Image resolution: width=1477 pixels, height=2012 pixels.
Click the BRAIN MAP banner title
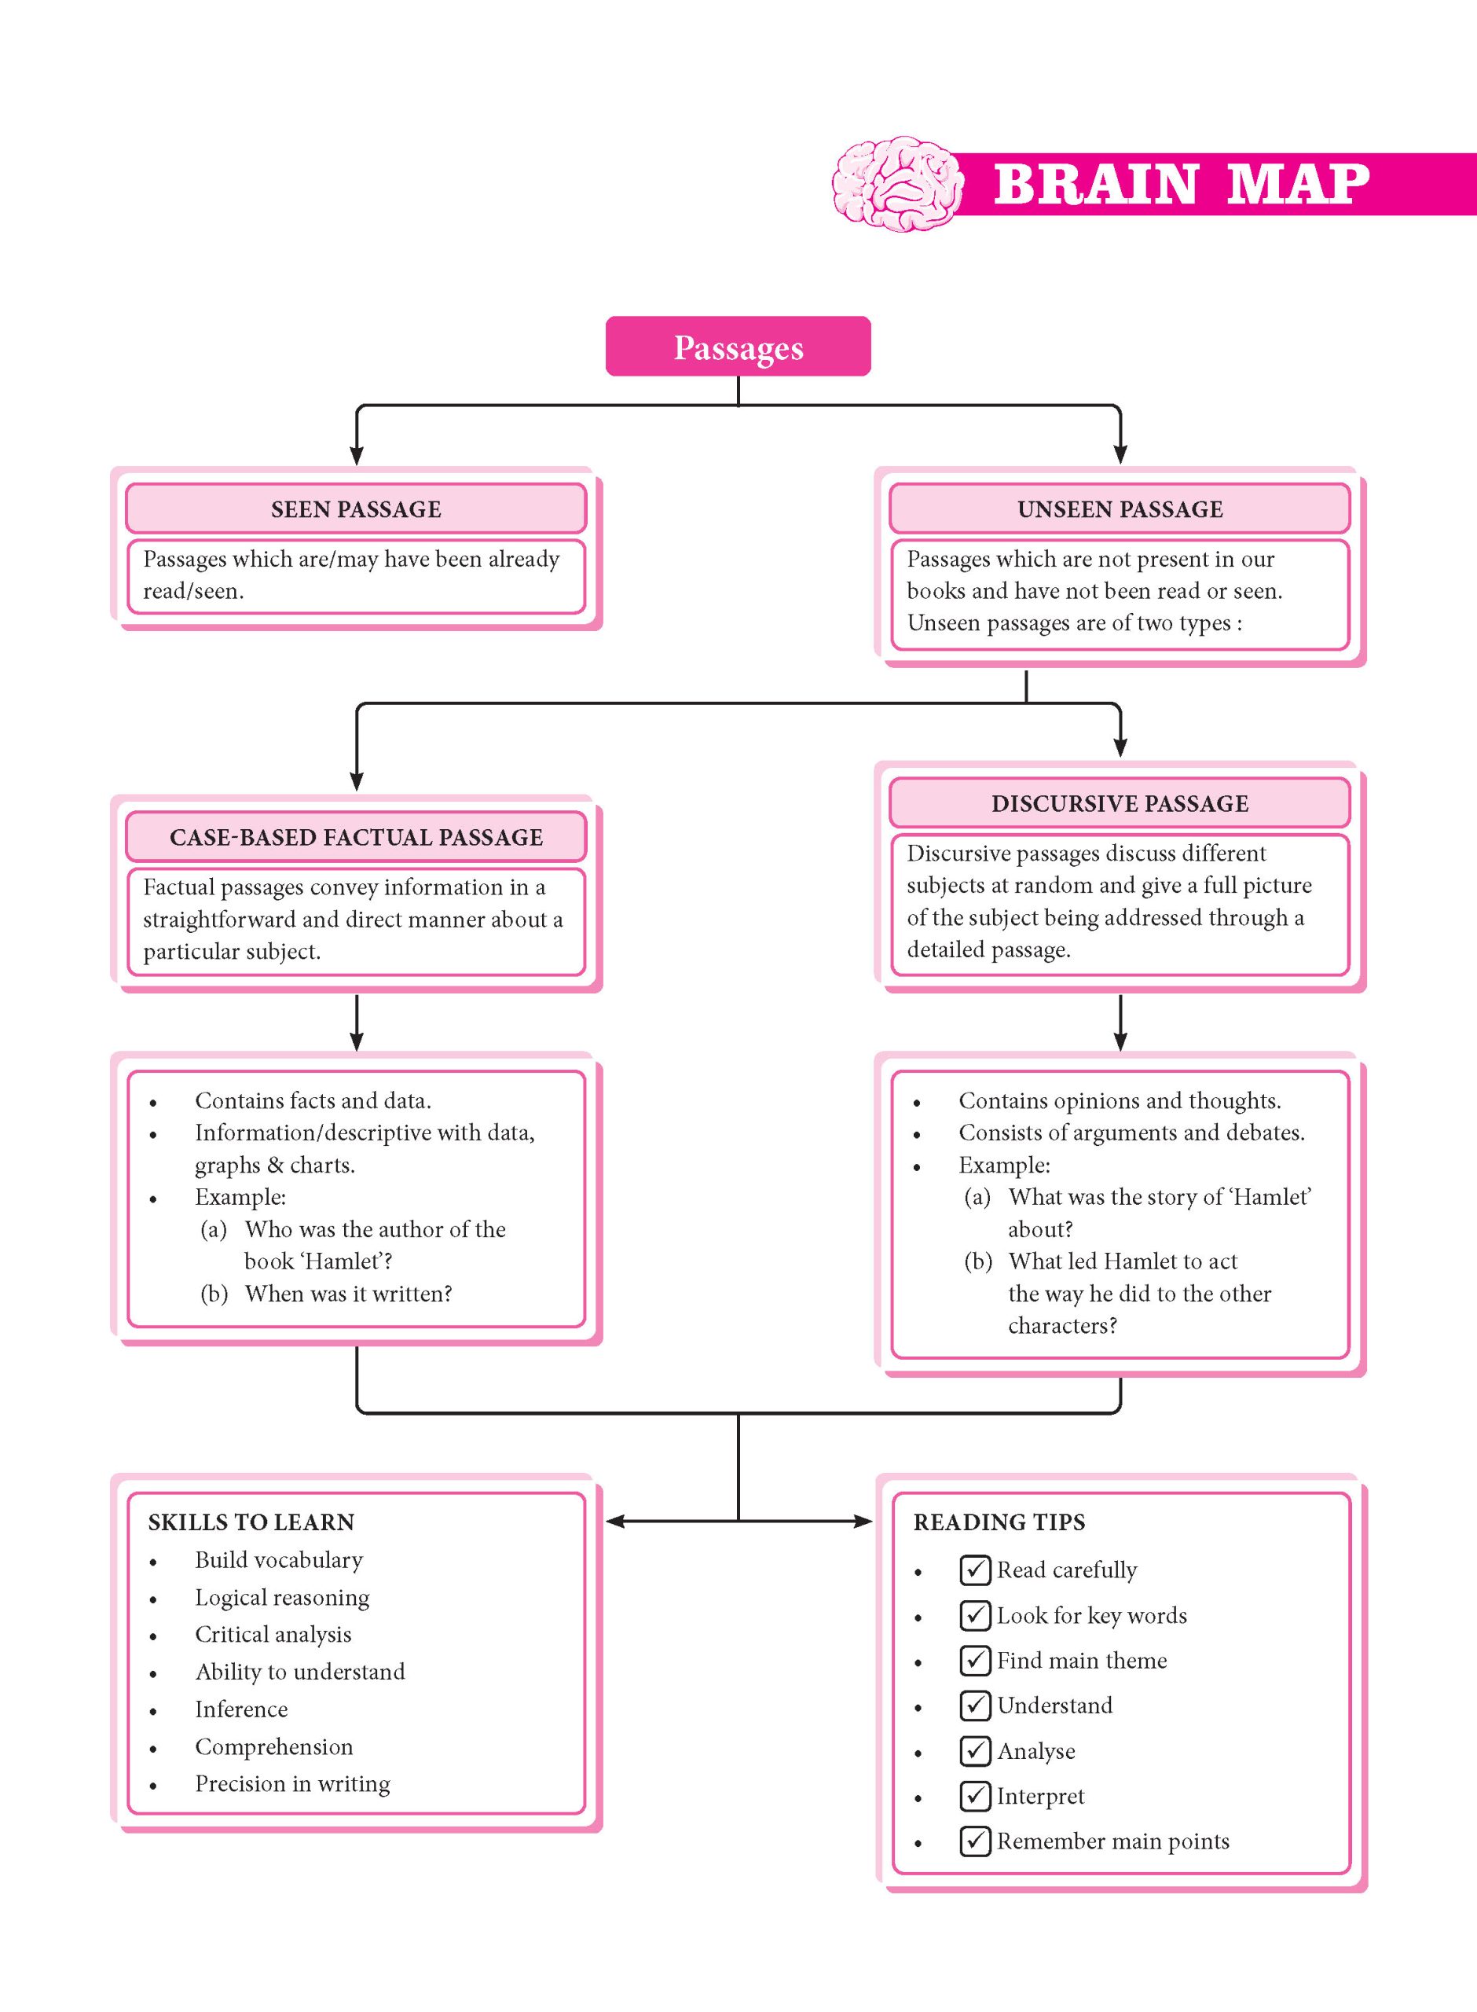1181,184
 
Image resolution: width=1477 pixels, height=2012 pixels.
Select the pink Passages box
738,346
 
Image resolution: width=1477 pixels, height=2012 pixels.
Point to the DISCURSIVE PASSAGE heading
1120,803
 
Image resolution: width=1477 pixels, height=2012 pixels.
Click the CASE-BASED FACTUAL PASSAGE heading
356,837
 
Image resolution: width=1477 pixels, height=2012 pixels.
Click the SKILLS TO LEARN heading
251,1522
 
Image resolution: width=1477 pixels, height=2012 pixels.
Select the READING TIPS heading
999,1522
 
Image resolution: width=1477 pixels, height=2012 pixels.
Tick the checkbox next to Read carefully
974,1570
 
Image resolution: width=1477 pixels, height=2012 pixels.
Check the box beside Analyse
974,1750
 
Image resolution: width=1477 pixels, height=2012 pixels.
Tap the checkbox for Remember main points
974,1841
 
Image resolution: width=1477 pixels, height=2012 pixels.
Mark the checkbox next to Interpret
974,1795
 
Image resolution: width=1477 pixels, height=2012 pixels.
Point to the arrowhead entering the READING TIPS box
863,1521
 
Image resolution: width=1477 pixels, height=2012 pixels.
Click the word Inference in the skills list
241,1709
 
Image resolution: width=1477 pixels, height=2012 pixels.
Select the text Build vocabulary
279,1559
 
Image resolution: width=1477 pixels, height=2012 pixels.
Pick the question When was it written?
349,1293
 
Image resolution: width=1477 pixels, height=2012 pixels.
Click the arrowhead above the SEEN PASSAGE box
357,454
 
